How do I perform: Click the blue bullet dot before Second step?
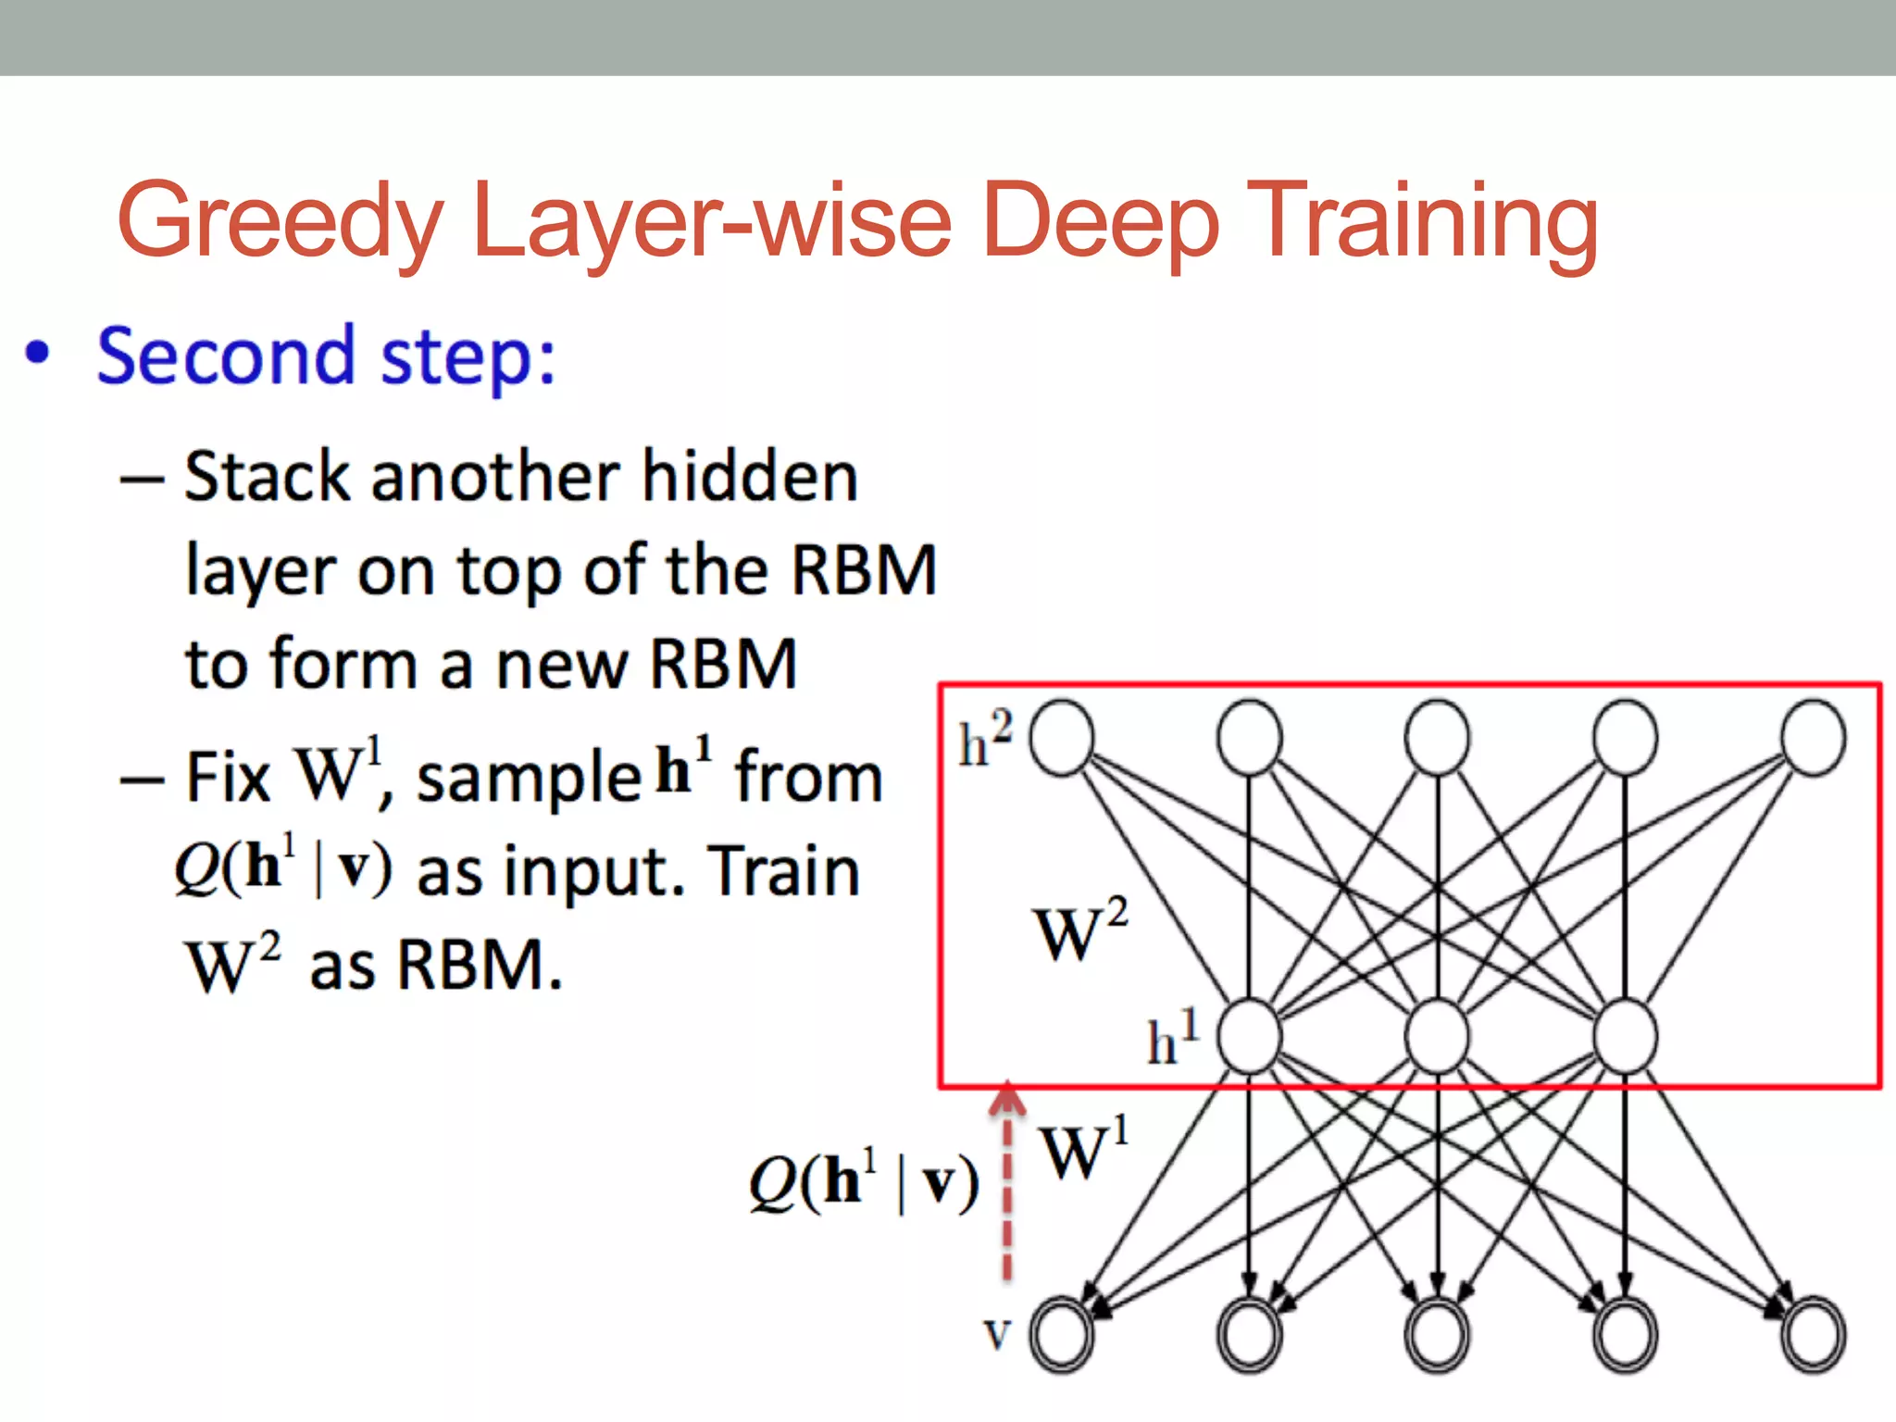[37, 353]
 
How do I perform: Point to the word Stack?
[269, 478]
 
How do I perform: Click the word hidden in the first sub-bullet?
[750, 478]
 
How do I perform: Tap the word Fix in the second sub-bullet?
[227, 778]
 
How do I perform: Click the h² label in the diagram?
[984, 740]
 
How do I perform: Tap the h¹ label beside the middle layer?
[1172, 1039]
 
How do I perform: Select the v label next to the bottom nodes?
[996, 1334]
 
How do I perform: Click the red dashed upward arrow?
[1007, 1185]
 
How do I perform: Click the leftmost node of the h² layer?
[1062, 738]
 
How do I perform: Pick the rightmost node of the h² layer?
[1814, 738]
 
